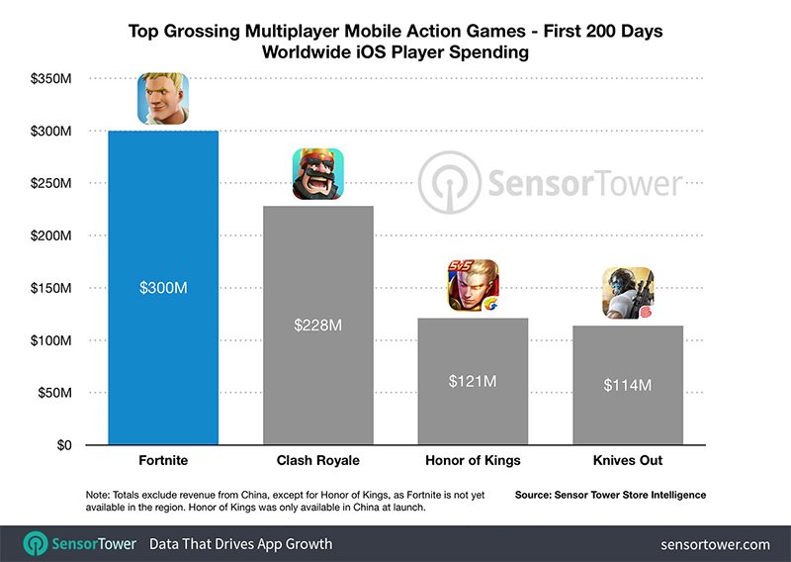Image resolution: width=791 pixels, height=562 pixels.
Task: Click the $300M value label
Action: [162, 288]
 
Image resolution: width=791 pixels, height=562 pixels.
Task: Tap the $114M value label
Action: [627, 385]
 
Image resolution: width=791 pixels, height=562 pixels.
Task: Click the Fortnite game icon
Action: [163, 99]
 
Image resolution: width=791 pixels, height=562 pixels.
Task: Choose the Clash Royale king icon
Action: [317, 174]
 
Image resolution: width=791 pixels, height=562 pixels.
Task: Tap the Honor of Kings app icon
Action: [473, 286]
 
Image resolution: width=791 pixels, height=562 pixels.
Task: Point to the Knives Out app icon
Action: [628, 294]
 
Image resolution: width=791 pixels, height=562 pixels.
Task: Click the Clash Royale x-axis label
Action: [317, 461]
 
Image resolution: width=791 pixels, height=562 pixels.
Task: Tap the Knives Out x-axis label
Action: [627, 461]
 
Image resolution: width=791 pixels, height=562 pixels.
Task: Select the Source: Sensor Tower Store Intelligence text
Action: [611, 493]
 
